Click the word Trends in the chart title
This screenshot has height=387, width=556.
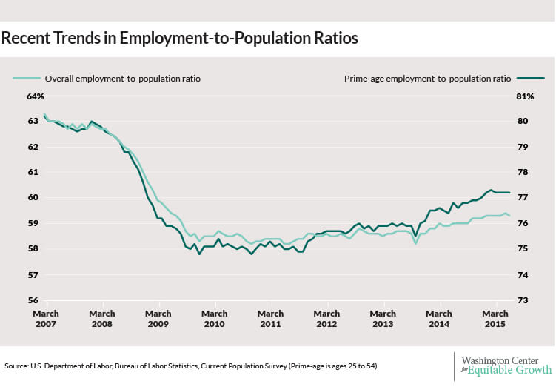(x=77, y=38)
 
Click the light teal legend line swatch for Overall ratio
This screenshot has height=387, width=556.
(x=27, y=78)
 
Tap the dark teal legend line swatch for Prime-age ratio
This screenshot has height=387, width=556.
(x=530, y=78)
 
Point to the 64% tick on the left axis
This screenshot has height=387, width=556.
(x=36, y=96)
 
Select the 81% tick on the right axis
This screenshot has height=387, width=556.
(x=525, y=96)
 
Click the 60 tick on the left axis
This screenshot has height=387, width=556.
(x=33, y=197)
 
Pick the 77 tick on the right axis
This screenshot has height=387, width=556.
(x=522, y=197)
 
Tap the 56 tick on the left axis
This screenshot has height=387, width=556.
(x=33, y=300)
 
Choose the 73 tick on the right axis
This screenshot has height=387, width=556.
(x=522, y=300)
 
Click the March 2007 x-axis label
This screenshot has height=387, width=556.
(x=46, y=319)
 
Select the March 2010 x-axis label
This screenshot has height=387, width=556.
(x=215, y=319)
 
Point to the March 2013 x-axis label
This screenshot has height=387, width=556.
(x=383, y=319)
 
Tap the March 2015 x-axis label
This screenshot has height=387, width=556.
(x=495, y=319)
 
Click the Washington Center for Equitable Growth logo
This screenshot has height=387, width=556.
(x=506, y=365)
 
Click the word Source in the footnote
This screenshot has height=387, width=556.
(x=16, y=365)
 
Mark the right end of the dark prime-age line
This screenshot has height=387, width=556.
(x=509, y=193)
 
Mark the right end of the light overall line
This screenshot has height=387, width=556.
(x=509, y=216)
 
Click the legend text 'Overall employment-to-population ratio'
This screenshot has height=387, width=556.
(x=123, y=79)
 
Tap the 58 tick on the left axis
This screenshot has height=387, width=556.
(x=33, y=248)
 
